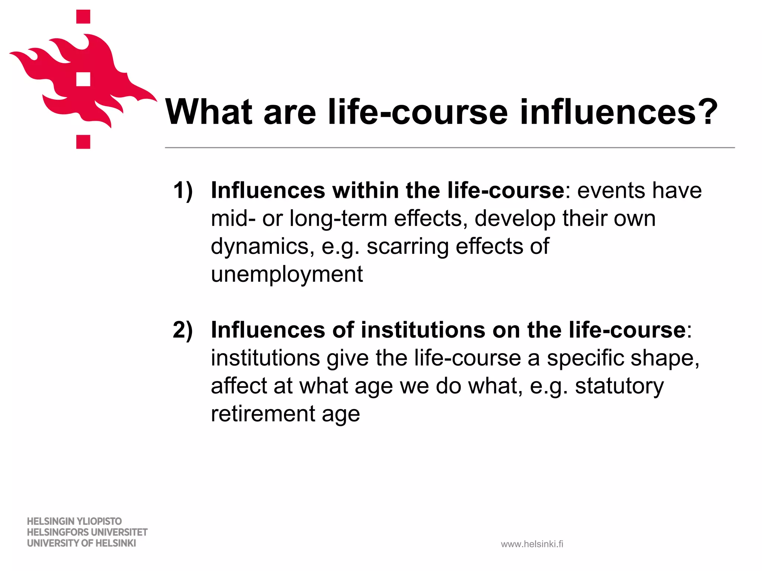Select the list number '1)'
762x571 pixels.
(x=183, y=191)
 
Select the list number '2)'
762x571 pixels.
(x=183, y=330)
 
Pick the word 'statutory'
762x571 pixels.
(x=619, y=386)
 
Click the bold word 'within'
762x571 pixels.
(x=365, y=191)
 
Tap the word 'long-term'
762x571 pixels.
(x=338, y=219)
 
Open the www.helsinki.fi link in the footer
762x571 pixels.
(x=532, y=544)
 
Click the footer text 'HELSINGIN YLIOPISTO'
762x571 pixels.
(x=74, y=521)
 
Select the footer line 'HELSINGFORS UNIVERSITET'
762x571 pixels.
(x=87, y=532)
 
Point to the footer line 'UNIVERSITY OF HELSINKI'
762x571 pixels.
(x=81, y=543)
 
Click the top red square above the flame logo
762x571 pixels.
(x=83, y=17)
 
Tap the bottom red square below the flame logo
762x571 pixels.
(x=83, y=142)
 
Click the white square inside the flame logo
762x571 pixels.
(x=83, y=79)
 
